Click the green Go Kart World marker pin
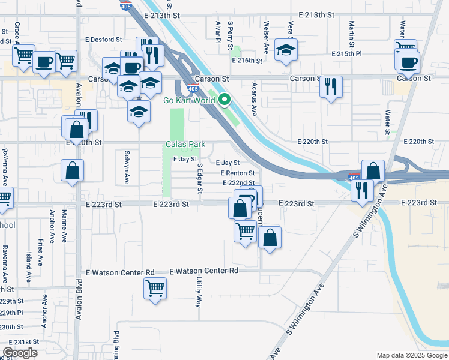click(224, 100)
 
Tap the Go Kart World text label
click(189, 100)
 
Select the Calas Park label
click(185, 145)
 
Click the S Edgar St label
click(200, 178)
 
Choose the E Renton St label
click(238, 173)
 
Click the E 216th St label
click(247, 61)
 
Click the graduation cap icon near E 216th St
click(286, 50)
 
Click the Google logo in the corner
click(20, 353)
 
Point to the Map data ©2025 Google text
click(412, 355)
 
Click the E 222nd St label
click(238, 182)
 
